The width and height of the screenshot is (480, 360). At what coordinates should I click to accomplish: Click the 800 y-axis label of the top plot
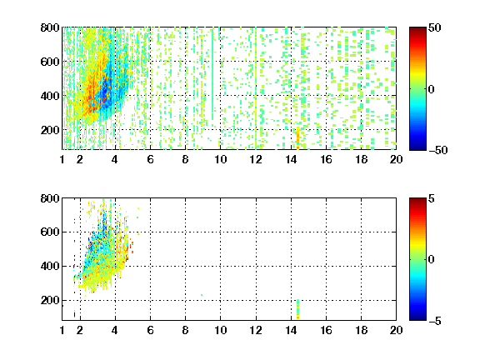point(50,27)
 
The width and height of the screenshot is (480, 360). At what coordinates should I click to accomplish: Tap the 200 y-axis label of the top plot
point(50,130)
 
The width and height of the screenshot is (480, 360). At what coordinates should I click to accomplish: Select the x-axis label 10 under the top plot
point(220,159)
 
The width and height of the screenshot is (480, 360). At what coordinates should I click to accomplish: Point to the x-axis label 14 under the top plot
point(291,159)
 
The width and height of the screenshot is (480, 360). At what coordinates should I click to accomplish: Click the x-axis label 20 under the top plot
point(396,159)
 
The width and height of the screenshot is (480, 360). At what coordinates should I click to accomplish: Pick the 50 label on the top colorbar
point(434,28)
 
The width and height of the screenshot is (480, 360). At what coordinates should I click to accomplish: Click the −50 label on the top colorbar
point(438,150)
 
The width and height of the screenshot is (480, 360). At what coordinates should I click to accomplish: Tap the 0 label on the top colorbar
point(431,89)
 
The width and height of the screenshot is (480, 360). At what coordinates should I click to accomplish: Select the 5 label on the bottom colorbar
point(431,199)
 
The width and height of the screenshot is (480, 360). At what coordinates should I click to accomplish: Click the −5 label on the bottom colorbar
point(435,321)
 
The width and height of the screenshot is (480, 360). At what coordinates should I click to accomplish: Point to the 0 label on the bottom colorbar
point(431,260)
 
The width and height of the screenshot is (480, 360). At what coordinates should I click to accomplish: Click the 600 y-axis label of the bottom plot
point(50,232)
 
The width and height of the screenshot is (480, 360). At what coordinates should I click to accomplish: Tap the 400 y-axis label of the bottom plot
point(50,267)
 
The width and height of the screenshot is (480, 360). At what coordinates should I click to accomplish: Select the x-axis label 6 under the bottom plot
point(150,330)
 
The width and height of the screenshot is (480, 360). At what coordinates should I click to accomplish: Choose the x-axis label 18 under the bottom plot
point(361,330)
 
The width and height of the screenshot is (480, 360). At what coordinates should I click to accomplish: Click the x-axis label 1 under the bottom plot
point(62,330)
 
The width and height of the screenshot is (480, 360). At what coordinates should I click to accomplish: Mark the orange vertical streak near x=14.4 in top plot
point(297,138)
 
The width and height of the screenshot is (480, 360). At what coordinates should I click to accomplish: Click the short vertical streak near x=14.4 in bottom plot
point(297,309)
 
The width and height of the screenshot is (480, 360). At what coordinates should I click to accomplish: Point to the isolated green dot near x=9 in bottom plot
point(202,295)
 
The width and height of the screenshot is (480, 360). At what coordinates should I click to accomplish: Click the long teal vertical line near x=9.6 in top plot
point(212,74)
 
